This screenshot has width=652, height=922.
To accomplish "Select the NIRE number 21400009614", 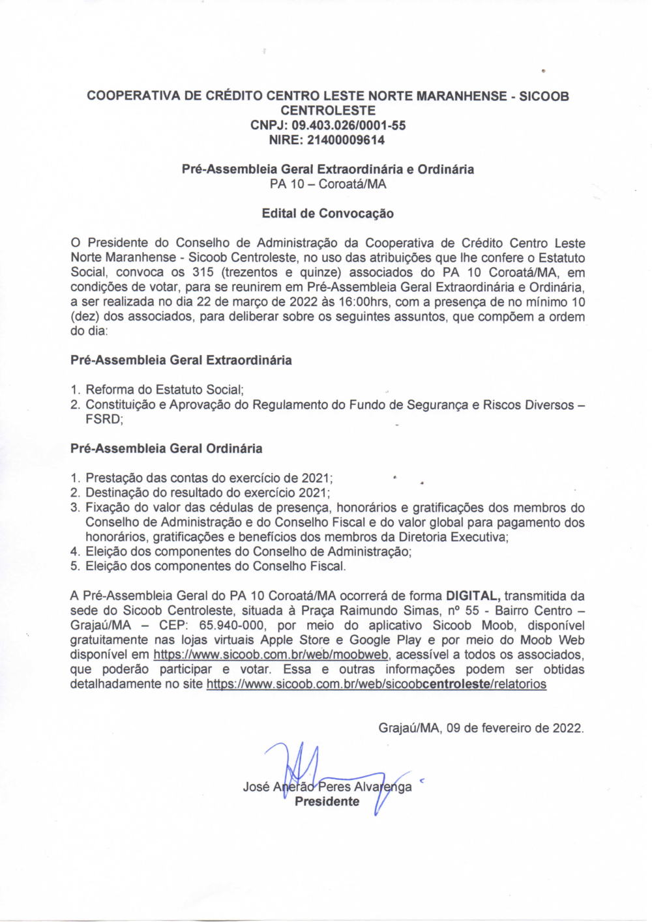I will [346, 140].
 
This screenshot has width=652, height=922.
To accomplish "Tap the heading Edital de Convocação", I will [327, 213].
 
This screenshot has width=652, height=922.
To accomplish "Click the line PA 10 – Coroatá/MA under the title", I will [327, 184].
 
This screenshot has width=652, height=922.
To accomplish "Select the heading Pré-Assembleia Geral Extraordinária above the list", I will [181, 360].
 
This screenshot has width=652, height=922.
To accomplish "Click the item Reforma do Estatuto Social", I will [164, 390].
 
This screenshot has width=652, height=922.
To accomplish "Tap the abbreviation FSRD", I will [104, 419].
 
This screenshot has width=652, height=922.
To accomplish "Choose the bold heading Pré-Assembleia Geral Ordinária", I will [166, 448].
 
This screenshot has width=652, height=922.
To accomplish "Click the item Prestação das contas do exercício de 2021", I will [209, 478].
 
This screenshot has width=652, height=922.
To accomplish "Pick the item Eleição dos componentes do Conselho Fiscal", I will [215, 566].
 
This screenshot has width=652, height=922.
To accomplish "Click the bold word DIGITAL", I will [473, 596].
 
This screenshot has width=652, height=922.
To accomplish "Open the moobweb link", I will [271, 655].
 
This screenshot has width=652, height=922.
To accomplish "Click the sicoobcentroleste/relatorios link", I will [376, 684].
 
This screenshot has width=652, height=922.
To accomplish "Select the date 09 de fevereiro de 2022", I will [514, 728].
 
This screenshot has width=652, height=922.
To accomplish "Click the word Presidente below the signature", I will [327, 801].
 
